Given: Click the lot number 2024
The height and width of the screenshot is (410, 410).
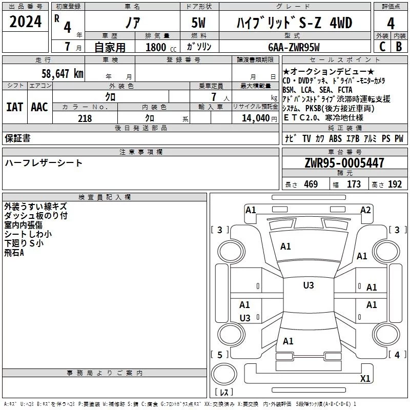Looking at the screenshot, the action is coord(26,22).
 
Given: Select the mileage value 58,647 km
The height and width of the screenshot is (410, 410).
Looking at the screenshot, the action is coord(62,74).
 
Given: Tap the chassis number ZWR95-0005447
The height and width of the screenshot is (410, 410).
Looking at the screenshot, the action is coord(344,163).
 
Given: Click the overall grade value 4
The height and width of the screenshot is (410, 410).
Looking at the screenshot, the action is coord(391,24).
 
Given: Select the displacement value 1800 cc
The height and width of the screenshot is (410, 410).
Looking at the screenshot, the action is coord(157,47).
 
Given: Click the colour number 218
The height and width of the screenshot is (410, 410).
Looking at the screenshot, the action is coord(85,118).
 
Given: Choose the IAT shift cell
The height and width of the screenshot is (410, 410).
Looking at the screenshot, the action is coord(14,107).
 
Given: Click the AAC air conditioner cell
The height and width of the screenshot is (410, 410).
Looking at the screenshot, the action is coord(39,107).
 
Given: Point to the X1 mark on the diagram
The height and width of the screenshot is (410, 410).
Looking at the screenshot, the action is coord(365,379).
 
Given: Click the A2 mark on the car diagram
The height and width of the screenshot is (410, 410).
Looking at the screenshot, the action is coord(365,210).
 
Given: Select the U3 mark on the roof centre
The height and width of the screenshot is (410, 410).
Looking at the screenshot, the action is coord(309,285).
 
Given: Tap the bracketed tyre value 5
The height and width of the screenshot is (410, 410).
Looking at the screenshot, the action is coord(220,355).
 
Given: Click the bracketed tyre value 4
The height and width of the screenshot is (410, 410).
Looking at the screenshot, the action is coord(397,355).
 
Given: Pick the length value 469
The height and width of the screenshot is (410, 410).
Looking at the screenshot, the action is coord(310,184).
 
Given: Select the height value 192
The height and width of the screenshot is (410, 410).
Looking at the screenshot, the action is coord(395,184).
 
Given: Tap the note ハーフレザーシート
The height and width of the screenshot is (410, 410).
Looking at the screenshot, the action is coord(44,163).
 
